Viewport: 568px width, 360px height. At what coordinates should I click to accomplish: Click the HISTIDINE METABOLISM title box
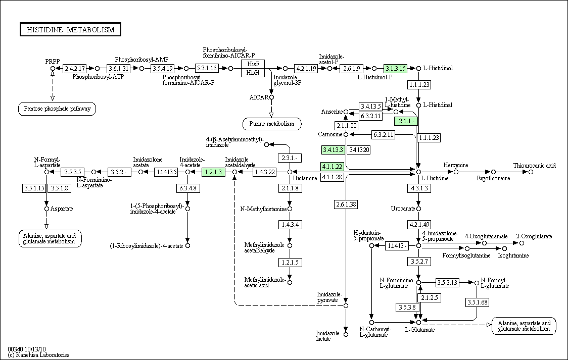(70, 30)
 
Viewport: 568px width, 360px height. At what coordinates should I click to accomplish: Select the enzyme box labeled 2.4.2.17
(75, 68)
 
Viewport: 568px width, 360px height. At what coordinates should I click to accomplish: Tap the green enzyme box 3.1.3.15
(396, 68)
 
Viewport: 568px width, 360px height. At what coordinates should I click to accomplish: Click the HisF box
(253, 64)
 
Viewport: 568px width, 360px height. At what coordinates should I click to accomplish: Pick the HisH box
(253, 73)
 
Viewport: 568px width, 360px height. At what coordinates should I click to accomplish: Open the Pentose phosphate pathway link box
(57, 109)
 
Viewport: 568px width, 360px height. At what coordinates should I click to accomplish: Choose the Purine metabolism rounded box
(272, 124)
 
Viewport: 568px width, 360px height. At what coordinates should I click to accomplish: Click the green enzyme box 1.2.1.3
(213, 172)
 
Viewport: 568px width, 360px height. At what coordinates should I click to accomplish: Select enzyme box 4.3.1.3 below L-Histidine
(419, 188)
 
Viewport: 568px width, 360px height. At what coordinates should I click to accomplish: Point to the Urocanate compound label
(403, 209)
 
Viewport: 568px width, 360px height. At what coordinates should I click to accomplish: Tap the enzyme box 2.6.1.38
(346, 204)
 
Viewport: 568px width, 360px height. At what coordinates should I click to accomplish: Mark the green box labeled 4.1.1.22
(332, 167)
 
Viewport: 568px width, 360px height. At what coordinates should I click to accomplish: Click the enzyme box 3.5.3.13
(447, 283)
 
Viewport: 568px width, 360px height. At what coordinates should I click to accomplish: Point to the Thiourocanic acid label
(534, 166)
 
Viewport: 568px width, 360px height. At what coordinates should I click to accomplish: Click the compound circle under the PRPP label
(53, 68)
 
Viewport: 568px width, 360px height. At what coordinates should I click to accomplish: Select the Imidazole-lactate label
(328, 336)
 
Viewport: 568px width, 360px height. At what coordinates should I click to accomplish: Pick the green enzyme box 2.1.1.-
(406, 121)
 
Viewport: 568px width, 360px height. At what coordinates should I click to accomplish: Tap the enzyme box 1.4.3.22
(264, 172)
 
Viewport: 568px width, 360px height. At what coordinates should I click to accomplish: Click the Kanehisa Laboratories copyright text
(38, 355)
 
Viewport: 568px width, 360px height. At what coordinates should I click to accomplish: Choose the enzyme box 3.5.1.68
(478, 302)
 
